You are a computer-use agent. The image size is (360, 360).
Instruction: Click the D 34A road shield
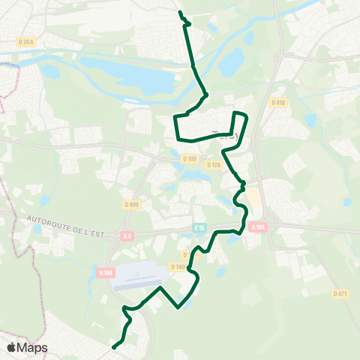coord(26,42)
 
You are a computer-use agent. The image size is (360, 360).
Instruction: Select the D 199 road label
coord(189,158)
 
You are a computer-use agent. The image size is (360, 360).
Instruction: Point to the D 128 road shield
coord(214,165)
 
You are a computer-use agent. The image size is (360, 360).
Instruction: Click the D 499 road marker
coord(132,204)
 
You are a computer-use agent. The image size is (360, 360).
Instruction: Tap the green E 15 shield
coord(199,227)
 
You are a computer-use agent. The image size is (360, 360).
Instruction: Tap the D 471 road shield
coord(341,294)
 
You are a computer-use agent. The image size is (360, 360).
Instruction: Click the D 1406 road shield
coord(179,267)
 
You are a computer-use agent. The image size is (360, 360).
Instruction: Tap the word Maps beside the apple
coord(33,347)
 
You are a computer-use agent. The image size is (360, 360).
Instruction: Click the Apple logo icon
coord(11,347)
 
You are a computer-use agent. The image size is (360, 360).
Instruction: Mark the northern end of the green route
coord(180,12)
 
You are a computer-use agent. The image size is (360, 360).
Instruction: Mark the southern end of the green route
coord(113,347)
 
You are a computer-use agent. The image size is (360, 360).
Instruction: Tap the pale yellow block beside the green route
coord(253,197)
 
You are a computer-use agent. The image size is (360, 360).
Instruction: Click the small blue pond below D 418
coord(310,120)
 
